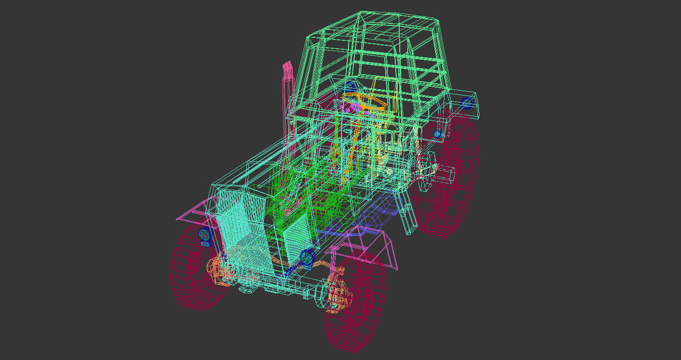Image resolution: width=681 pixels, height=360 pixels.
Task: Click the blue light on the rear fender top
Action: click(x=466, y=103)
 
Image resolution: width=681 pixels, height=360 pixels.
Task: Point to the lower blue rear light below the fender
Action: click(x=437, y=134)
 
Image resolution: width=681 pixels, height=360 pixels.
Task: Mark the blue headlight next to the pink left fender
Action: click(x=204, y=234)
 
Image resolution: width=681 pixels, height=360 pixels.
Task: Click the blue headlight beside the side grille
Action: click(x=307, y=257)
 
